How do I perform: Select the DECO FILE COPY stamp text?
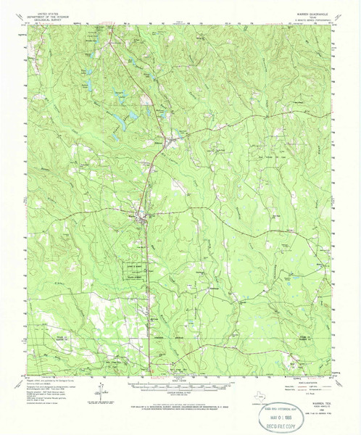304,425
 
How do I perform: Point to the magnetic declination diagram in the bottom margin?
93,405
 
